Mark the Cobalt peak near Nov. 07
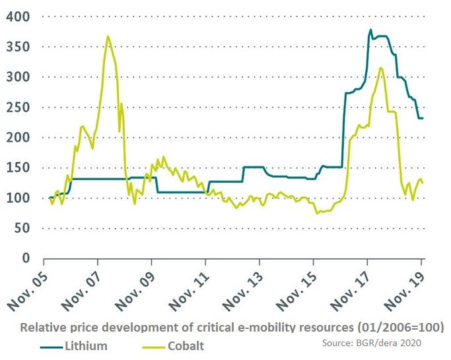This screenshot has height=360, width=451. pos(108,36)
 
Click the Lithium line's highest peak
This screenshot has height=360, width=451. pos(370,30)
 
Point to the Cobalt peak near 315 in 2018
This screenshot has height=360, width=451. pos(380,67)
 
